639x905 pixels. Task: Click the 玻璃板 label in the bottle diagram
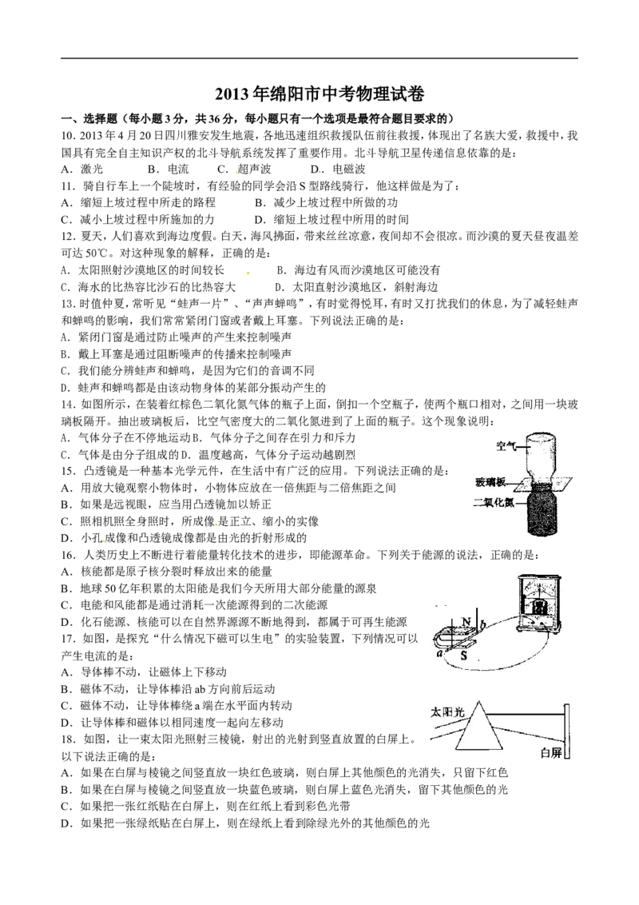pyautogui.click(x=490, y=483)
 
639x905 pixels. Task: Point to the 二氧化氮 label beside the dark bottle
pyautogui.click(x=494, y=503)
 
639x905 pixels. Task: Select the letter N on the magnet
pyautogui.click(x=466, y=622)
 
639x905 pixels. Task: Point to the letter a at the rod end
pyautogui.click(x=439, y=652)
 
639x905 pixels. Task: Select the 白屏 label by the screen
pyautogui.click(x=551, y=752)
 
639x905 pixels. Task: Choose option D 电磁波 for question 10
pyautogui.click(x=338, y=169)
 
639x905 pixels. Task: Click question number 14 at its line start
pyautogui.click(x=69, y=404)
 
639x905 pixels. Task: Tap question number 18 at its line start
pyautogui.click(x=69, y=739)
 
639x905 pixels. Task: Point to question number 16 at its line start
pyautogui.click(x=69, y=555)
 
